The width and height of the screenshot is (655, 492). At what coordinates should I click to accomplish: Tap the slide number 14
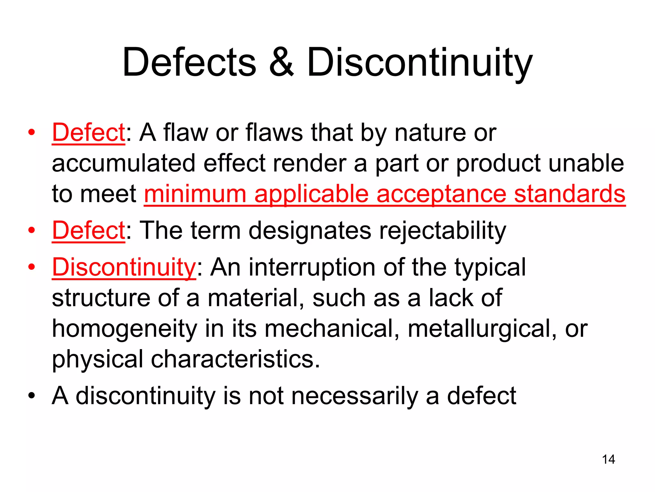coord(608,459)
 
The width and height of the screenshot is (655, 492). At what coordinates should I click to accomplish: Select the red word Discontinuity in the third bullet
coord(124,267)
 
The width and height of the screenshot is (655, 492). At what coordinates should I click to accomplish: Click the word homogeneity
coord(124,329)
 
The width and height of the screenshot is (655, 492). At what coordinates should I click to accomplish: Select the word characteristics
coord(235,359)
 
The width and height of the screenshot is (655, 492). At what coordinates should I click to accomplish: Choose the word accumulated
coord(123,163)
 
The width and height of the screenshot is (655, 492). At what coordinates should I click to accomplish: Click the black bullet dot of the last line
coord(31,396)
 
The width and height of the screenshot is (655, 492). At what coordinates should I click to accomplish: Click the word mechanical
coord(332,329)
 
